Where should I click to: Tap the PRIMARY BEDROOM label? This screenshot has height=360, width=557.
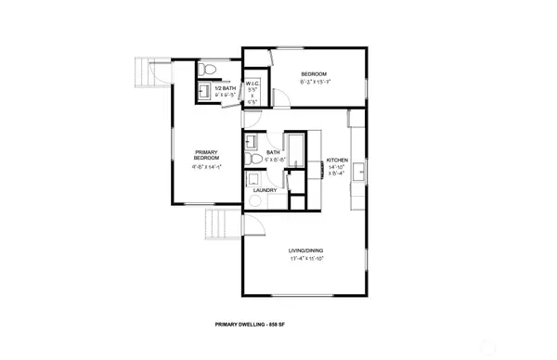click(206, 155)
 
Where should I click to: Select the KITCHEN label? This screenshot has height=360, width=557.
click(336, 160)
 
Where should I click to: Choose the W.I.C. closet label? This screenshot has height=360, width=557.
click(253, 83)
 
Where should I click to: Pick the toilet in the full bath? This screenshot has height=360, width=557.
click(253, 160)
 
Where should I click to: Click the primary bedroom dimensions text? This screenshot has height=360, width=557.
click(206, 168)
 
